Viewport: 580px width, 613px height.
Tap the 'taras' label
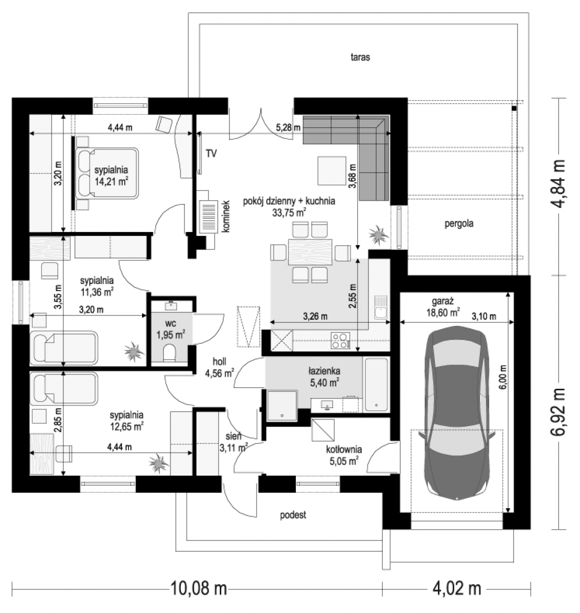coord(360,57)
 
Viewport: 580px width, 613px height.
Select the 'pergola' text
coord(458,224)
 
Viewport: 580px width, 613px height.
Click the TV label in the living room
coord(211,153)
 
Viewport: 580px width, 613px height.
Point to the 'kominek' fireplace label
coord(226,216)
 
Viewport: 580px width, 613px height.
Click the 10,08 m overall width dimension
coord(198,589)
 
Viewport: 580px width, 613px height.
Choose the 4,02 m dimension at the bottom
coord(456,589)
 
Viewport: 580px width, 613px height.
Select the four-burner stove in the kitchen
coord(340,340)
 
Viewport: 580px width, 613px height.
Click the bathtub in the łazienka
coord(376,385)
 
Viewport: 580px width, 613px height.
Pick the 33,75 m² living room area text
coord(289,213)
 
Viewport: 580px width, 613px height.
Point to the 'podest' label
coord(293,515)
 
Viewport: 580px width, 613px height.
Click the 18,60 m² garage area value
coord(443,312)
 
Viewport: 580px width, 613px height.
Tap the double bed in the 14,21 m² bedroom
coord(107,173)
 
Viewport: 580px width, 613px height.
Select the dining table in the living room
coord(310,252)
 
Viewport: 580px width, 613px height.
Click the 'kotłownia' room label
coord(344,450)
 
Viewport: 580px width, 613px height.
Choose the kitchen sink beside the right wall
coord(381,308)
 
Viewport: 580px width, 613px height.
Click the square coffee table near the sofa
coord(332,171)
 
